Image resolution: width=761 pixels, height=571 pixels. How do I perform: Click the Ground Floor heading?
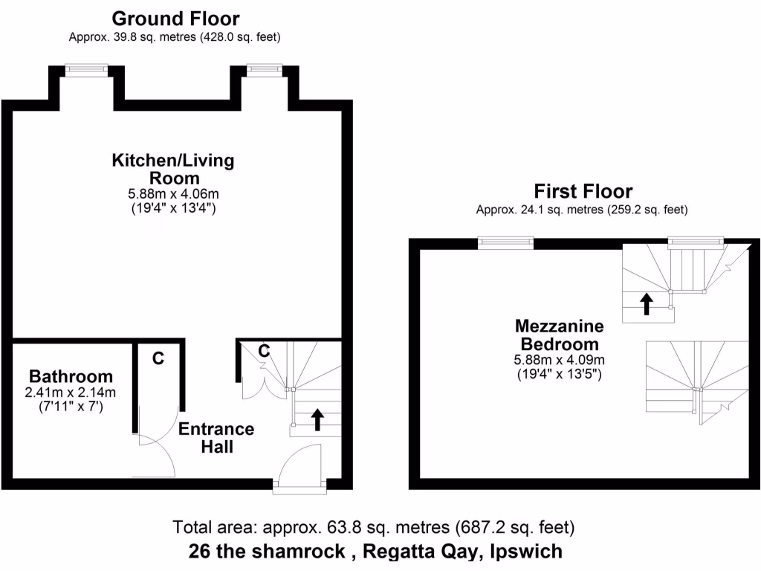click(x=175, y=18)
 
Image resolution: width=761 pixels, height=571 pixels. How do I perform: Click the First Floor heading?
click(x=583, y=191)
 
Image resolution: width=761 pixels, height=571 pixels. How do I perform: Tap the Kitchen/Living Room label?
click(x=173, y=169)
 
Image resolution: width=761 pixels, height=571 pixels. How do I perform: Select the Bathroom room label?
click(x=71, y=376)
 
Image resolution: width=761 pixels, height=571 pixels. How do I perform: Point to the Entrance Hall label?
click(x=216, y=438)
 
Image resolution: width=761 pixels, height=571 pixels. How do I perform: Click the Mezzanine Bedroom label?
click(x=559, y=335)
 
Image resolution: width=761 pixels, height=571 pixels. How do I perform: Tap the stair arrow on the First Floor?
click(x=647, y=303)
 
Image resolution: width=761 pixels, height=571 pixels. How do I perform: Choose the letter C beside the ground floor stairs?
click(x=263, y=350)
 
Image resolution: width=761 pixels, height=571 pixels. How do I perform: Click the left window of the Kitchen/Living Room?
click(x=86, y=69)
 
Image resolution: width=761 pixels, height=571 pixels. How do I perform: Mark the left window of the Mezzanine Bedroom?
click(x=505, y=241)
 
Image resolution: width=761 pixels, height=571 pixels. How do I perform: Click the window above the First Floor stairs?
click(x=696, y=241)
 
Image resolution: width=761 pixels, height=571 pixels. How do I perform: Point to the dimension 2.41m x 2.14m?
click(x=71, y=393)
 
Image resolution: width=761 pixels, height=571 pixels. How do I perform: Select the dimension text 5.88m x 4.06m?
click(x=173, y=194)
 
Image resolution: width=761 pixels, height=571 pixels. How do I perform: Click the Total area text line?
click(x=373, y=529)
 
